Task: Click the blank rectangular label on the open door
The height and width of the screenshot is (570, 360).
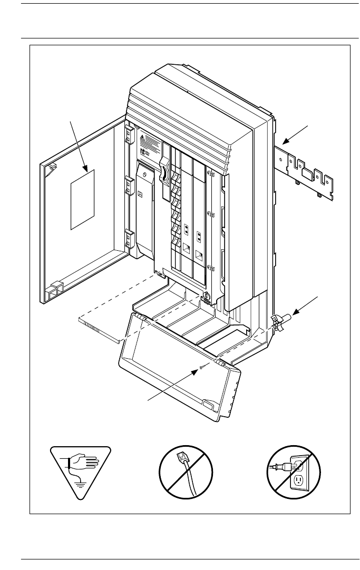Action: point(82,200)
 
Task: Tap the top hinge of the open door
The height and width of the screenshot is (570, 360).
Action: point(128,135)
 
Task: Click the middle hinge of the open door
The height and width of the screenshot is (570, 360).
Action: point(128,185)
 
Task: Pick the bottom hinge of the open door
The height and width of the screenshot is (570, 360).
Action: point(128,239)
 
